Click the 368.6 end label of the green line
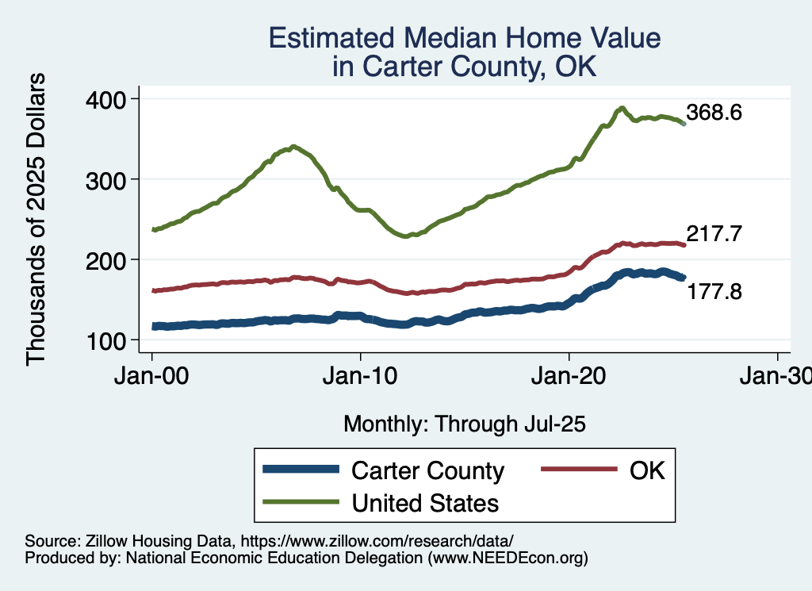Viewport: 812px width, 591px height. (714, 113)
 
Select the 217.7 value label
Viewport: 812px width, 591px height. (714, 234)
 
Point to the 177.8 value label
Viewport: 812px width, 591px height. (714, 293)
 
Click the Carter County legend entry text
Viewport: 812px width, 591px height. (427, 470)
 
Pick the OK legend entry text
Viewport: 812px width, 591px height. (647, 470)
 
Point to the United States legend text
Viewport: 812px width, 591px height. (425, 502)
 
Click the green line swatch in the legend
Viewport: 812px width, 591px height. (301, 502)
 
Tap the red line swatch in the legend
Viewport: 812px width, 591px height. (579, 470)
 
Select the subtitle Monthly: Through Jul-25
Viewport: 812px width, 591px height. (464, 424)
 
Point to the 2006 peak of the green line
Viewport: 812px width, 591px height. (294, 147)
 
